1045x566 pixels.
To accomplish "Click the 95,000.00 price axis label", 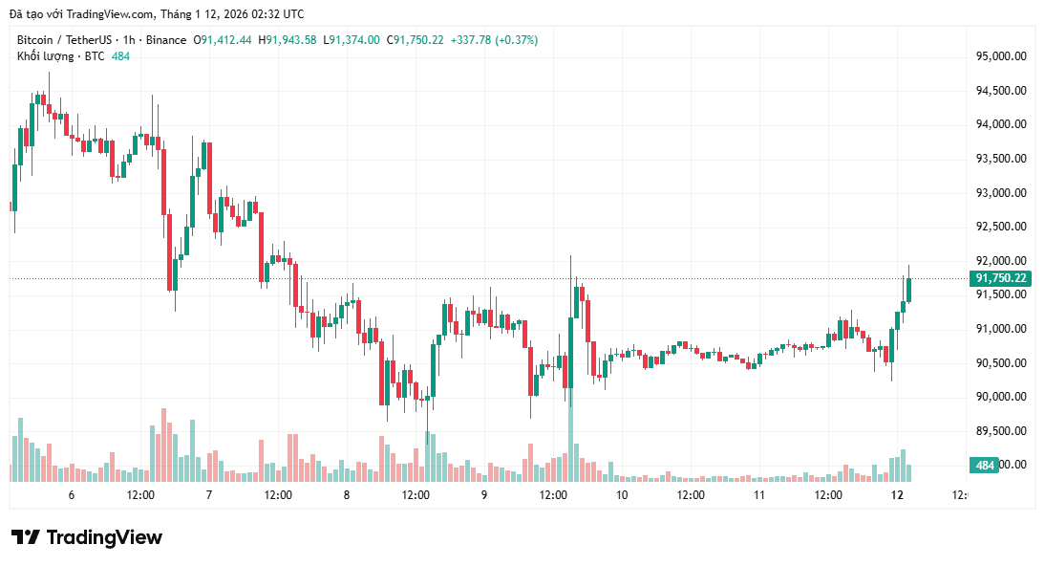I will pos(1000,56).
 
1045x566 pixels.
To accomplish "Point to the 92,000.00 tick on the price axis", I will pos(1000,261).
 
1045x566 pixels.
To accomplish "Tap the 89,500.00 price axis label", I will pos(1000,431).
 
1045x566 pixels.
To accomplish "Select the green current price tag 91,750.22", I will pos(1000,278).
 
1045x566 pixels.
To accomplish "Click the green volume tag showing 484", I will pos(984,466).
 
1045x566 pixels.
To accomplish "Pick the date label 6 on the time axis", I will pos(72,495).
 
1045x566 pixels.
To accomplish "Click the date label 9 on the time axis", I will pos(484,495).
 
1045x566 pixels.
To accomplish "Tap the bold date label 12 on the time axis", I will pos(897,495).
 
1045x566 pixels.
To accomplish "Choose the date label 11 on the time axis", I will pos(759,495).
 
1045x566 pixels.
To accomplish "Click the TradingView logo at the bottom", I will pos(87,537).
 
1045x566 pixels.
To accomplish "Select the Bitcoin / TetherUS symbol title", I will pos(63,40).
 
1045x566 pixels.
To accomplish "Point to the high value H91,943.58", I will pos(290,40).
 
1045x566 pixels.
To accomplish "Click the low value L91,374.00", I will pos(352,40).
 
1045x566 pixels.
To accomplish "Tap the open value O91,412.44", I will pos(223,40).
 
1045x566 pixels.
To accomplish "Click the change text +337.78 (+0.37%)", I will pos(494,40).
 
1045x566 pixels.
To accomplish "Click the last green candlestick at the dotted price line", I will pos(908,289).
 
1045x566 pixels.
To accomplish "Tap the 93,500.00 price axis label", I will pos(1000,159).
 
